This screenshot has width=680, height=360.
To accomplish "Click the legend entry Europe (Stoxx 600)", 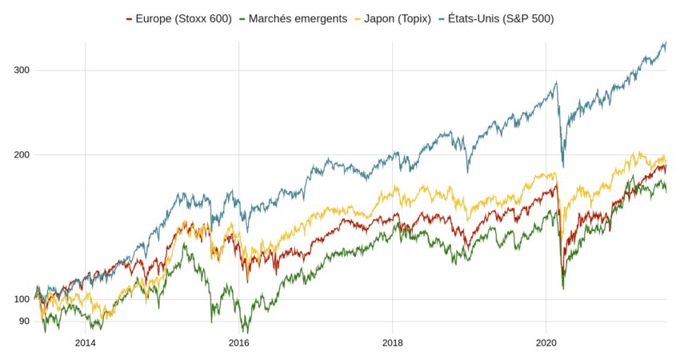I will pos(183,18).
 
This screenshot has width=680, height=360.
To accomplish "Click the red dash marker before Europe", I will pos(130,18).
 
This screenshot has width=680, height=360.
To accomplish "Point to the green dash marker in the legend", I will pos(243,18).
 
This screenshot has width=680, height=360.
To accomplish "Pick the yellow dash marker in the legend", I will pos(358,18).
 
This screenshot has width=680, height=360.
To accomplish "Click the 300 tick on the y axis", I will pos(22,70).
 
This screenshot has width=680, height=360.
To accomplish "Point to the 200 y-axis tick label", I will pos(22,154).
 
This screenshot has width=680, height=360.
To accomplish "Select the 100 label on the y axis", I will pos(22,299).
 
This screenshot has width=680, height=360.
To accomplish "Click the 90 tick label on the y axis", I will pos(24,321).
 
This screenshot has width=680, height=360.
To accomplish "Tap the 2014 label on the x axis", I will pos(85,342).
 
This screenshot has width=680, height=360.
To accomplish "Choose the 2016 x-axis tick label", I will pos(238,342).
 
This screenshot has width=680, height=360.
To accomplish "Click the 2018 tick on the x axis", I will pos(392,342).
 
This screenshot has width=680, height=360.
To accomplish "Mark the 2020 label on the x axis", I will pos(546,342).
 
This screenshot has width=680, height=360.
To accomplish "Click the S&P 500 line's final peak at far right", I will pos(665,43).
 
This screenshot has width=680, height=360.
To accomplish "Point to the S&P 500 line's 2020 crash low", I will pos(563,166).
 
